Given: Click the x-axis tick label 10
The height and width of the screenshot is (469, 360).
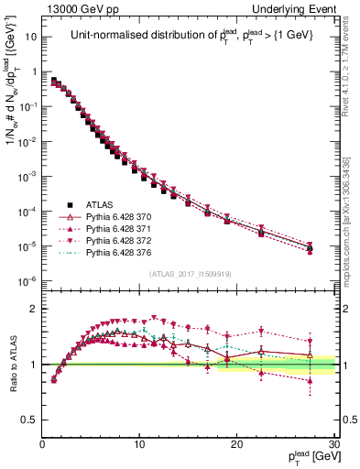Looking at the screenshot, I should (x=139, y=444).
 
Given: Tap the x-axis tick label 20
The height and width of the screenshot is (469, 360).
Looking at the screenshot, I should (x=236, y=444).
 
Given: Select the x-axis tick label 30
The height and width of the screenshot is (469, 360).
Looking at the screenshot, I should (x=333, y=444).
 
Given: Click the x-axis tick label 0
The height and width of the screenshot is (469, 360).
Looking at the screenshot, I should (x=42, y=444).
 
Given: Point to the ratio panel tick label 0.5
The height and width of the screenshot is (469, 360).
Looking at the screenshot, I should (x=30, y=420).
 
